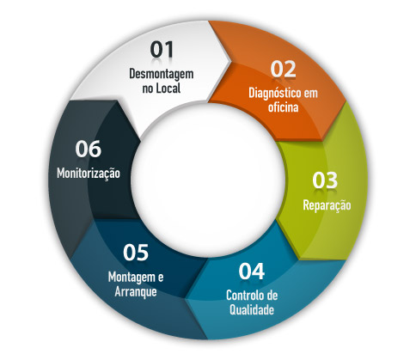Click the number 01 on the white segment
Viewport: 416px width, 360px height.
tap(162, 50)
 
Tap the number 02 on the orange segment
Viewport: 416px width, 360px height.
tap(283, 69)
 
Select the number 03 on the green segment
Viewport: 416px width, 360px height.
tap(325, 180)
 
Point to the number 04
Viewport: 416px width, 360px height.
tap(252, 272)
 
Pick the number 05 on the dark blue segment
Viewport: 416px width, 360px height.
tap(136, 253)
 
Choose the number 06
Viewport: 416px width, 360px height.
tap(89, 149)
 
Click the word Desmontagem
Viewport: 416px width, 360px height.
tap(162, 75)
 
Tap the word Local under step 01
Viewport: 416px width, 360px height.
tap(168, 88)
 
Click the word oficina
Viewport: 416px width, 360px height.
tap(283, 107)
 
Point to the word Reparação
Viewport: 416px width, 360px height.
tap(327, 205)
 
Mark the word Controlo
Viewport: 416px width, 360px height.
tap(244, 296)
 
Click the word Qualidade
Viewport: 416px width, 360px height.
tap(252, 309)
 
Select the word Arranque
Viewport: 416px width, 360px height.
tap(136, 292)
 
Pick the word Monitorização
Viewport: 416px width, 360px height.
tap(89, 174)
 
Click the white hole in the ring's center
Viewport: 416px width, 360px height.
tap(207, 180)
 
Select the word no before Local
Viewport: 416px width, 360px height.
tap(148, 89)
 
